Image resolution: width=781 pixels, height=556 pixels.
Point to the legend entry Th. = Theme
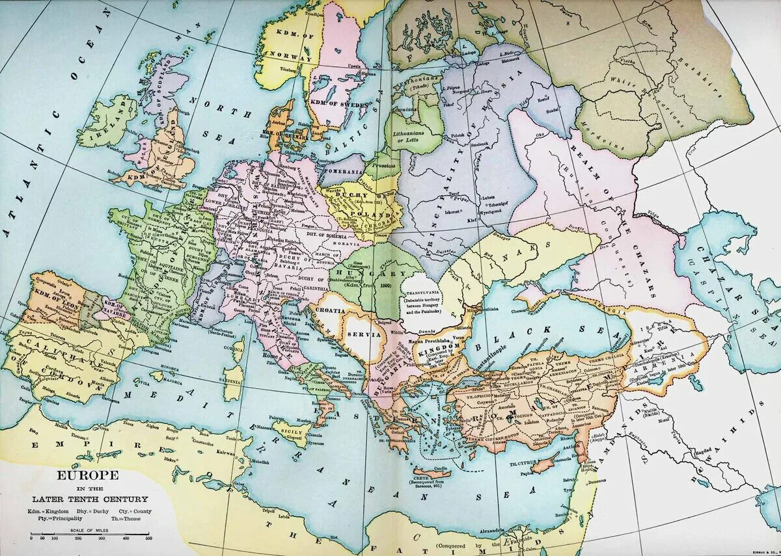click(130, 519)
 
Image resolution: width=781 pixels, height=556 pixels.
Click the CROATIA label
click(331, 311)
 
